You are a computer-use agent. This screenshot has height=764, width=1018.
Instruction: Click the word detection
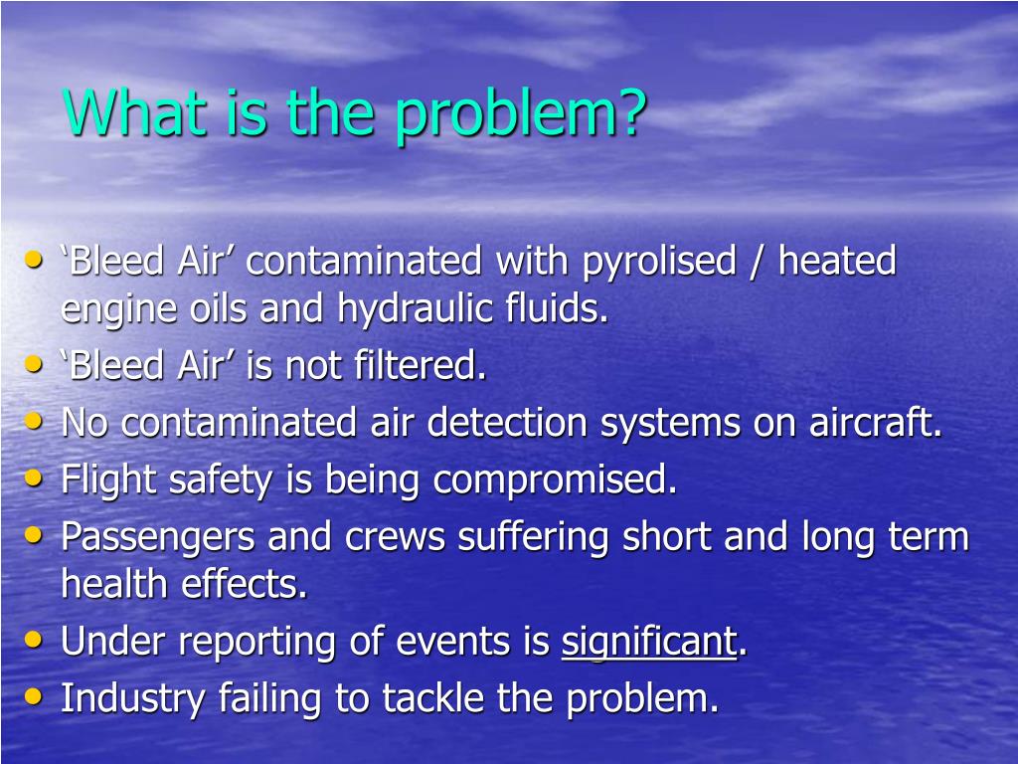pos(509,423)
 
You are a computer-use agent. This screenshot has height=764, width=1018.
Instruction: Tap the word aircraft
pos(876,423)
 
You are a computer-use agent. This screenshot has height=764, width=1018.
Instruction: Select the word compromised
pos(555,480)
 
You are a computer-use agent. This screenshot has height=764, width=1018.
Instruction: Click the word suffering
pos(534,537)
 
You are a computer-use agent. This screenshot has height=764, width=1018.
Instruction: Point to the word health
pos(116,584)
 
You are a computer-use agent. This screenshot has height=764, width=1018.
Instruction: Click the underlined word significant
pos(649,643)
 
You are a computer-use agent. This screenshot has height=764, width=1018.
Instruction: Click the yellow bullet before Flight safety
pos(35,477)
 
